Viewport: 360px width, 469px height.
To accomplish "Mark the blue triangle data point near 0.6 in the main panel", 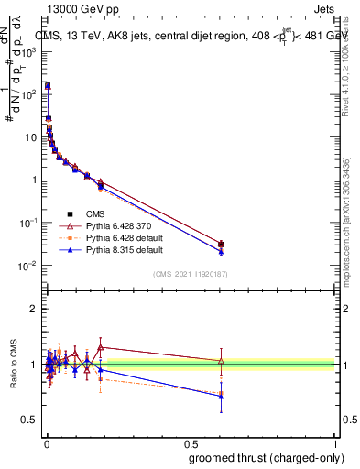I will tap(221, 251).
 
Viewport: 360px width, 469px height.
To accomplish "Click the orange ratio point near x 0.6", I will tap(221, 393).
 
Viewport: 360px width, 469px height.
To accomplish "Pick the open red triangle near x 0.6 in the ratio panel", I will tap(221, 361).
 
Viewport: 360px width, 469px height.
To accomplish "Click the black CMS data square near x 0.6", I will tap(221, 244).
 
